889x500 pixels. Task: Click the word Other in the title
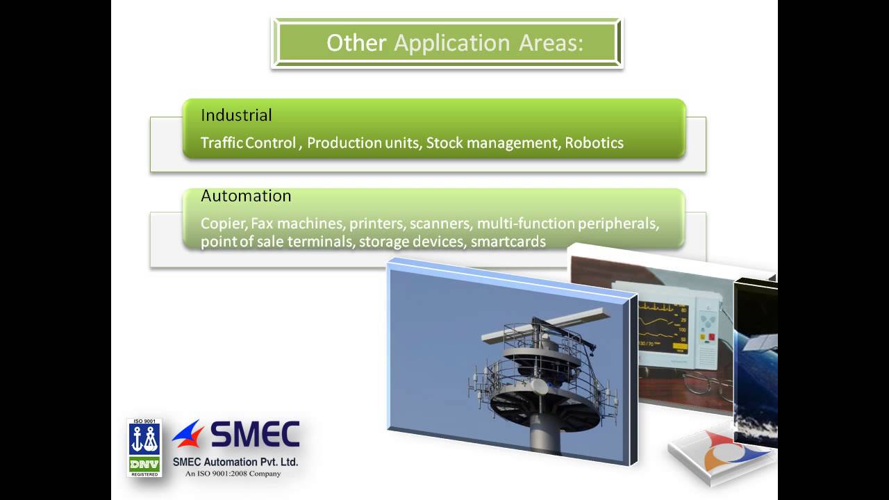pos(356,43)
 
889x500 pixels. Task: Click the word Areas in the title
pos(551,43)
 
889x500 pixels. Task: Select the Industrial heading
pos(236,115)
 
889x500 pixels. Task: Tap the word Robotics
pos(594,143)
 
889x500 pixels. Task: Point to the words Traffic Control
pos(248,143)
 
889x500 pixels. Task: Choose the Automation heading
pos(246,196)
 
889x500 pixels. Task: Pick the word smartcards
pos(508,242)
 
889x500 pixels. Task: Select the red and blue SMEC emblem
pos(188,434)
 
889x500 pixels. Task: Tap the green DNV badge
pos(144,463)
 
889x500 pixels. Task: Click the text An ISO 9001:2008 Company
pos(233,474)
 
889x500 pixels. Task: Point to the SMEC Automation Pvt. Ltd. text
pos(235,461)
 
